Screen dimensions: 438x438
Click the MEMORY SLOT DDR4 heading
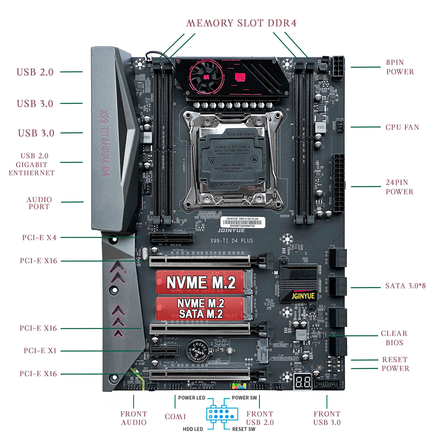(x=241, y=23)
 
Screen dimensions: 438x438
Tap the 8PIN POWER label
(x=400, y=67)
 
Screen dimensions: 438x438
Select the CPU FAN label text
(x=402, y=127)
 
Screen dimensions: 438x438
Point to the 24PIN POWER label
(x=399, y=187)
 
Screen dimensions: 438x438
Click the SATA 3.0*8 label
(x=405, y=286)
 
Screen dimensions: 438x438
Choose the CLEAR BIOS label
(x=394, y=338)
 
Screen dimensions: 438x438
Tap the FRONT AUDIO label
(x=134, y=418)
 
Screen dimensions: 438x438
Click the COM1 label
(x=175, y=417)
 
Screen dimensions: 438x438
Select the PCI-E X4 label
(x=39, y=238)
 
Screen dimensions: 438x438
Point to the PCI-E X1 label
(x=40, y=351)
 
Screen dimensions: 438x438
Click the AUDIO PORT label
(x=39, y=203)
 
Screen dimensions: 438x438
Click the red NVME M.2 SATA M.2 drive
(x=200, y=308)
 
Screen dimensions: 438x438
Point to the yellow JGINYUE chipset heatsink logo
(x=303, y=296)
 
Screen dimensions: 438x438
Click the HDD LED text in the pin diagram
(x=193, y=429)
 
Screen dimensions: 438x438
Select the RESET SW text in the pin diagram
(x=244, y=429)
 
